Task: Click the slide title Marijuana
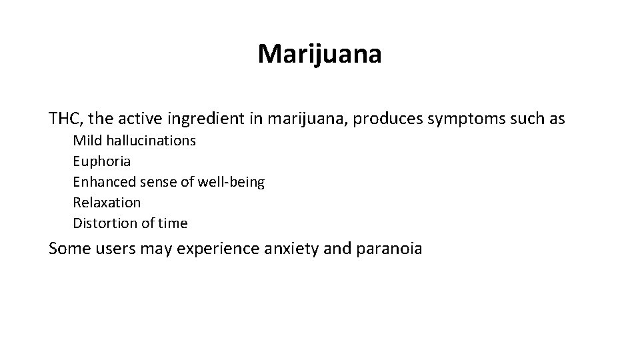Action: pos(320,54)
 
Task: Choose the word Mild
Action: pos(85,141)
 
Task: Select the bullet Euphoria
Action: pos(101,161)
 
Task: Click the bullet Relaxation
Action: pos(107,202)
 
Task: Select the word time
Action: pos(172,223)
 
